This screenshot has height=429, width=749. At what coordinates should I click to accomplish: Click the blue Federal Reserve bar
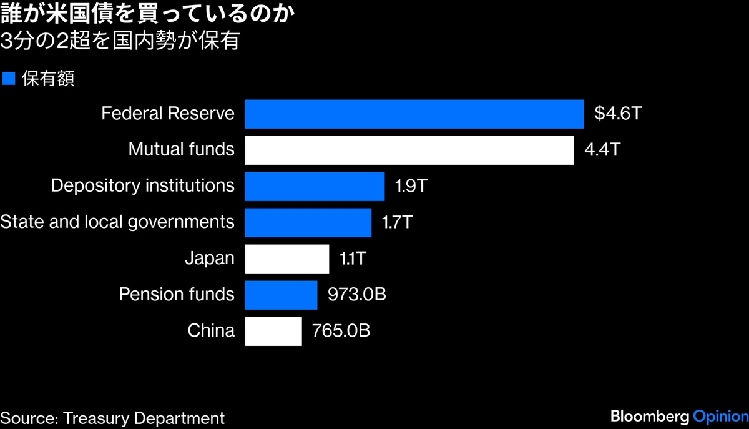[414, 114]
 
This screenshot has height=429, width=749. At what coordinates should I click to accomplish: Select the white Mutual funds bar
[409, 150]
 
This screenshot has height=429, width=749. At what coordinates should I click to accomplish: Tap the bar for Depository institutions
[315, 186]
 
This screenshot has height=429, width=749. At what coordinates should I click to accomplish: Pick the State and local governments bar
[308, 222]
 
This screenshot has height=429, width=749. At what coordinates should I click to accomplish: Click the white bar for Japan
[286, 259]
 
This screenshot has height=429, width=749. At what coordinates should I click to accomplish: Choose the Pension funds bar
[281, 295]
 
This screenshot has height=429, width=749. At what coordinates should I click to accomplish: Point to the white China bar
[273, 331]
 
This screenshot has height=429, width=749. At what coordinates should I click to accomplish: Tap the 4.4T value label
[602, 150]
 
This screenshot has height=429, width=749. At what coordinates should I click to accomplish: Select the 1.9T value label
[411, 186]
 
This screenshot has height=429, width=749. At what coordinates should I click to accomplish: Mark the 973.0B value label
[357, 295]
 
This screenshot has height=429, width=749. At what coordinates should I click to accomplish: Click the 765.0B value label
[341, 331]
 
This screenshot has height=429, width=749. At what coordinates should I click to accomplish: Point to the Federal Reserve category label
[168, 114]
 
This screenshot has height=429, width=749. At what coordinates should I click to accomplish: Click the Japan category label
[210, 259]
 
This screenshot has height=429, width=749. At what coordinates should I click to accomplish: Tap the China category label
[211, 331]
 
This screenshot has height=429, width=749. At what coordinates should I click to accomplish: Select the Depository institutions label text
[142, 186]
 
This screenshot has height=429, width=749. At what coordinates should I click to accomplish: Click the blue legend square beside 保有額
[9, 79]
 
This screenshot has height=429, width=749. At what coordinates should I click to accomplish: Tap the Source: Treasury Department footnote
[112, 418]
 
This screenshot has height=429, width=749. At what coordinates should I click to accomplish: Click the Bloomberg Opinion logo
[679, 417]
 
